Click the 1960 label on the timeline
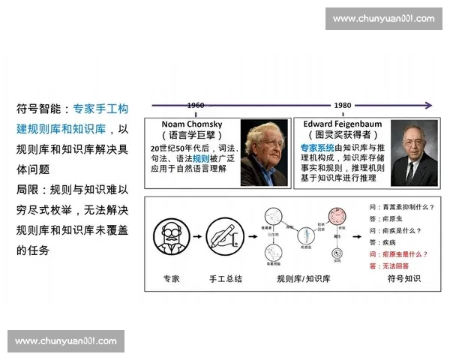pos(195,106)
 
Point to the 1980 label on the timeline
pos(343,106)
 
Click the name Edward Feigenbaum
pos(343,122)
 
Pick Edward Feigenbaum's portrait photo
pos(413,154)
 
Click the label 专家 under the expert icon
pos(172,278)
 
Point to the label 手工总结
pos(225,278)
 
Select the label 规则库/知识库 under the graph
pos(304,278)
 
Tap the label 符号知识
pos(403,278)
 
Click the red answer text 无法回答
pos(395,265)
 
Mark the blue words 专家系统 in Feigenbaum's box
pos(316,148)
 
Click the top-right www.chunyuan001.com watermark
pos(383,18)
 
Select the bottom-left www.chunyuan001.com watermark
pos(66,341)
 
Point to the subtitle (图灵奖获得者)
pos(343,134)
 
